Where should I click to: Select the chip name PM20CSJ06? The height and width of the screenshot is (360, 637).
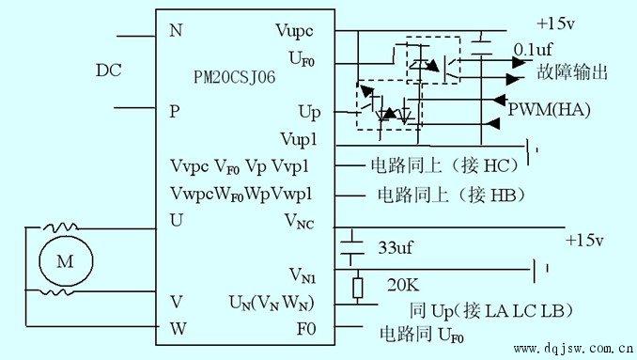pyautogui.click(x=234, y=77)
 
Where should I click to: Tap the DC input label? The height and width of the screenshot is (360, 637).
pyautogui.click(x=108, y=70)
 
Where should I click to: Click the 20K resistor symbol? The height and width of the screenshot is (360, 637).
pyautogui.click(x=358, y=288)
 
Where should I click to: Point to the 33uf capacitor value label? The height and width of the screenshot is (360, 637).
pyautogui.click(x=396, y=247)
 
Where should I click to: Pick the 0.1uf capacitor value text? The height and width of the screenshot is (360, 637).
pyautogui.click(x=533, y=50)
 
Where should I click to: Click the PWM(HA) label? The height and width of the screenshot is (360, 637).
pyautogui.click(x=550, y=110)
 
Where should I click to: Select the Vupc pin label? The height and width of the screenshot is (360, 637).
pyautogui.click(x=294, y=31)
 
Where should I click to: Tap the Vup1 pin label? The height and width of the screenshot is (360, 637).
pyautogui.click(x=299, y=139)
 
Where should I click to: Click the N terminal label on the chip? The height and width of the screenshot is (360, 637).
pyautogui.click(x=176, y=30)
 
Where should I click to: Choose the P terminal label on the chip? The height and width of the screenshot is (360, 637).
pyautogui.click(x=175, y=111)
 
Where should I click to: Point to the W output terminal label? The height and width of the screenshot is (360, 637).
pyautogui.click(x=178, y=328)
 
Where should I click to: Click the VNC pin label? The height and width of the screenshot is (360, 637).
pyautogui.click(x=300, y=222)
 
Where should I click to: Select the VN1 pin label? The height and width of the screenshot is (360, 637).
pyautogui.click(x=303, y=275)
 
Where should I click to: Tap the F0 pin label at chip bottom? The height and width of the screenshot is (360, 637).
pyautogui.click(x=306, y=329)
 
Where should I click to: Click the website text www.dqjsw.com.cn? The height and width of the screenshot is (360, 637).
pyautogui.click(x=574, y=348)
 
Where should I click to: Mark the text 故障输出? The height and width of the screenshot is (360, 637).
pyautogui.click(x=572, y=72)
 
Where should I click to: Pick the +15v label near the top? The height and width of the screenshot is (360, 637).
pyautogui.click(x=556, y=23)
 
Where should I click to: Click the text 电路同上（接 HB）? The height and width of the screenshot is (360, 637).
pyautogui.click(x=451, y=195)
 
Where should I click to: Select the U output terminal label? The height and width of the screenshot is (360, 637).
pyautogui.click(x=177, y=220)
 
